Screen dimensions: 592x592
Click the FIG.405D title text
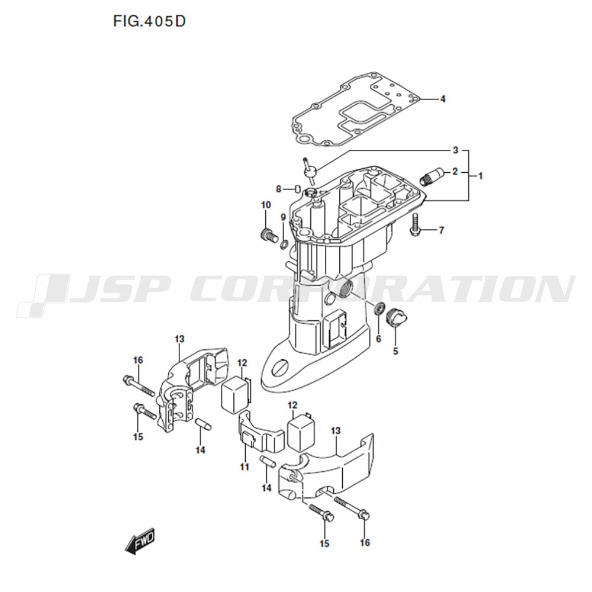pyautogui.click(x=150, y=21)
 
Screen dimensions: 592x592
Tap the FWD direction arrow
pyautogui.click(x=140, y=540)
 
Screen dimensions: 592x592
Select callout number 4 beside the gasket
pyautogui.click(x=442, y=99)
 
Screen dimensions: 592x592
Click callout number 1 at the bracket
pyautogui.click(x=480, y=176)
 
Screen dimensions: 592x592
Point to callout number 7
pyautogui.click(x=442, y=230)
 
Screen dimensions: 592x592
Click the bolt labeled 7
pyautogui.click(x=414, y=224)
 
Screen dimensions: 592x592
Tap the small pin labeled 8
pyautogui.click(x=297, y=188)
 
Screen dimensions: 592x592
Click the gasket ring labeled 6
pyautogui.click(x=379, y=308)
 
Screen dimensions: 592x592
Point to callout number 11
pyautogui.click(x=244, y=467)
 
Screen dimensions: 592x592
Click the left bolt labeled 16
pyautogui.click(x=139, y=385)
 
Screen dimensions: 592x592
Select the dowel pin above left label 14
pyautogui.click(x=202, y=424)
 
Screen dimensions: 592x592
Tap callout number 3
pyautogui.click(x=455, y=150)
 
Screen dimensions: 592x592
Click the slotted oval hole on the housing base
pyautogui.click(x=280, y=368)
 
